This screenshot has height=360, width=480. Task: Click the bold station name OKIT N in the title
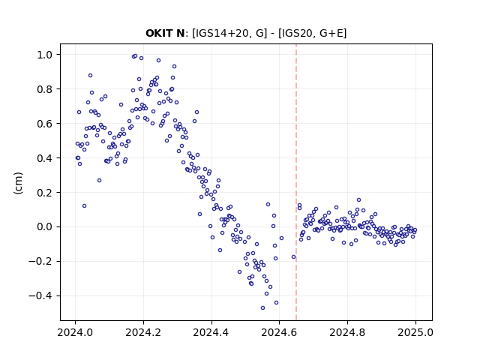click(x=165, y=33)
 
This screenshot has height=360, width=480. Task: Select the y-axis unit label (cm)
click(x=18, y=183)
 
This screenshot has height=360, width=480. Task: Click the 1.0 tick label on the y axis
click(x=45, y=55)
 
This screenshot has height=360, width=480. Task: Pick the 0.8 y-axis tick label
click(x=45, y=89)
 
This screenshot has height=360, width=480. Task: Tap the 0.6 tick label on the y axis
click(x=45, y=124)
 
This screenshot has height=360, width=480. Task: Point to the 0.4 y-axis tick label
click(x=45, y=158)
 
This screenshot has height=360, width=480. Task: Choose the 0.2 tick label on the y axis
click(x=45, y=193)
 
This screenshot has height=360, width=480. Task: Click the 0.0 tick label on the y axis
click(x=45, y=227)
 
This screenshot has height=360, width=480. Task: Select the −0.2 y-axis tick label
click(x=40, y=262)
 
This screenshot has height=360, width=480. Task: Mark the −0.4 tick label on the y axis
click(x=40, y=296)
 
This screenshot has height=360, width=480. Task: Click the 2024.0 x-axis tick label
click(x=75, y=332)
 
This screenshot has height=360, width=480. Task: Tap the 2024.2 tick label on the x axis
click(x=143, y=332)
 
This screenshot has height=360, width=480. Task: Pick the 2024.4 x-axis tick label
click(x=211, y=332)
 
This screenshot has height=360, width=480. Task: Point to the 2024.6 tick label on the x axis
click(x=279, y=332)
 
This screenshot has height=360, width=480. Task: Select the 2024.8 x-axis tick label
click(x=347, y=332)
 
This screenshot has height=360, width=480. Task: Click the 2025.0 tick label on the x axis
click(x=415, y=332)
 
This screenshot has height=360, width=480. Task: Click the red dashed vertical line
click(x=296, y=182)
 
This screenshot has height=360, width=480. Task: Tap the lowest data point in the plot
click(x=262, y=308)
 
